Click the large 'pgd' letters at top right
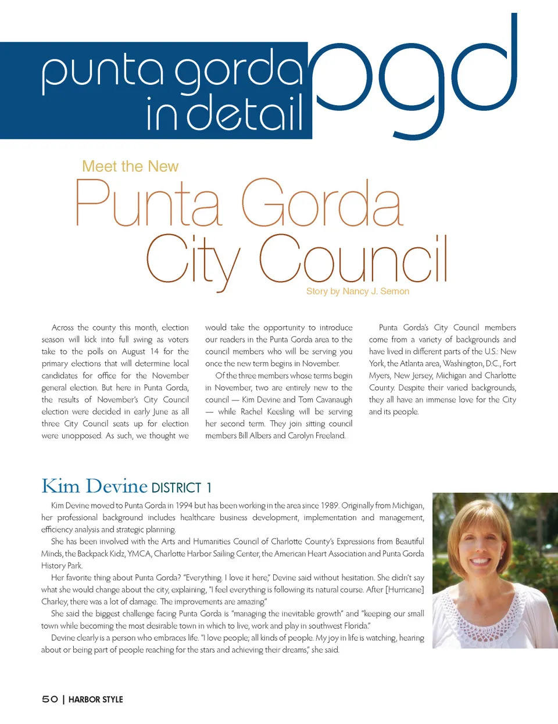tap(413, 75)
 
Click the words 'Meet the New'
tap(130, 167)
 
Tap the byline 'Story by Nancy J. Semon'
tap(357, 291)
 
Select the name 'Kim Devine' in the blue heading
tap(94, 486)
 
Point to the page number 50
tap(50, 699)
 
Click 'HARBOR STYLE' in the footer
tap(96, 700)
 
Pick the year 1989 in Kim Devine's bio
tap(327, 505)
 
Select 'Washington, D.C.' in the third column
tap(471, 363)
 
